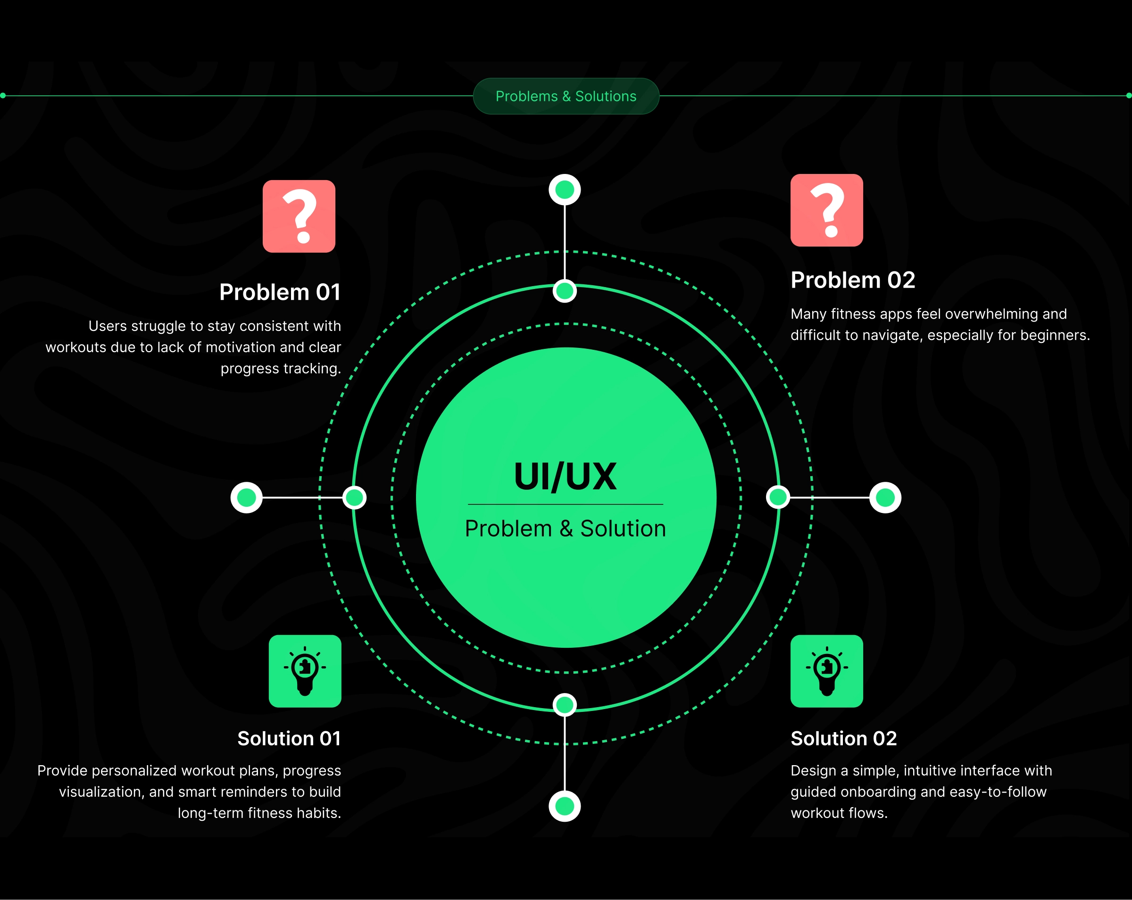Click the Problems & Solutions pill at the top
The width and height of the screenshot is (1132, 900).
(566, 96)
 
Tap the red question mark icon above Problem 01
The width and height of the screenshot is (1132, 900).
(299, 216)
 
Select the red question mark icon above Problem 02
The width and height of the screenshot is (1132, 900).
(826, 210)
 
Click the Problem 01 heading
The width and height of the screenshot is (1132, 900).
(280, 292)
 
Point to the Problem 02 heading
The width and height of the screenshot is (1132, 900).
(853, 280)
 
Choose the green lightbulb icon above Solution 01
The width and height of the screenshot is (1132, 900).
(305, 671)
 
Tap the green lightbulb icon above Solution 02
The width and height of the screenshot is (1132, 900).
(826, 671)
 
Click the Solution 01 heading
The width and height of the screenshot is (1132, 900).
(289, 738)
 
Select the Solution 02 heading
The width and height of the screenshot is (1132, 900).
(843, 738)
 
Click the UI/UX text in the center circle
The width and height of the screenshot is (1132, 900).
(565, 477)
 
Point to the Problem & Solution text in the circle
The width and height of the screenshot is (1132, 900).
(565, 528)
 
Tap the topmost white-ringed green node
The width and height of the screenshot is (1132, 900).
(565, 190)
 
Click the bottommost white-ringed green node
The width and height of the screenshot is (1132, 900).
(565, 806)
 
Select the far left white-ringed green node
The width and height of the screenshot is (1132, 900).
(246, 497)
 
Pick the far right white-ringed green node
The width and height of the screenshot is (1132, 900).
(885, 497)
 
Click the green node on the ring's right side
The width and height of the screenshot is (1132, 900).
(778, 497)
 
